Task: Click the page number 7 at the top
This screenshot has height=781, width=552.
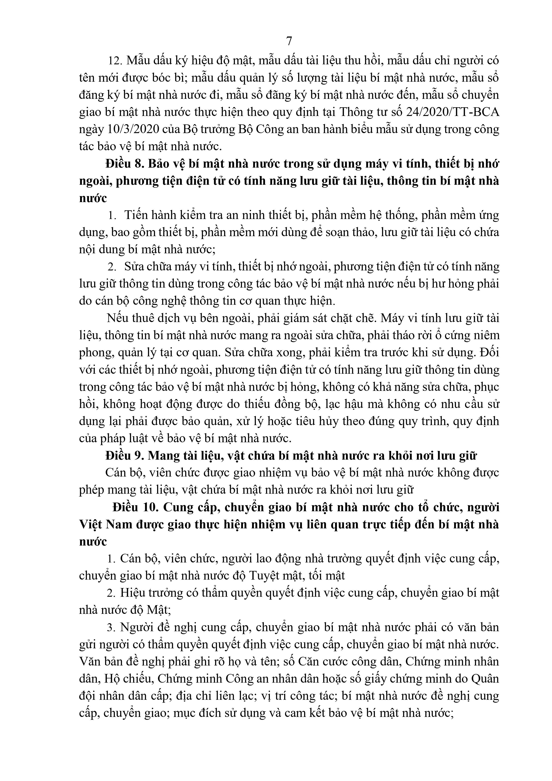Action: (289, 41)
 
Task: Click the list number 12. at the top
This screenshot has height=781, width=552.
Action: (115, 61)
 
